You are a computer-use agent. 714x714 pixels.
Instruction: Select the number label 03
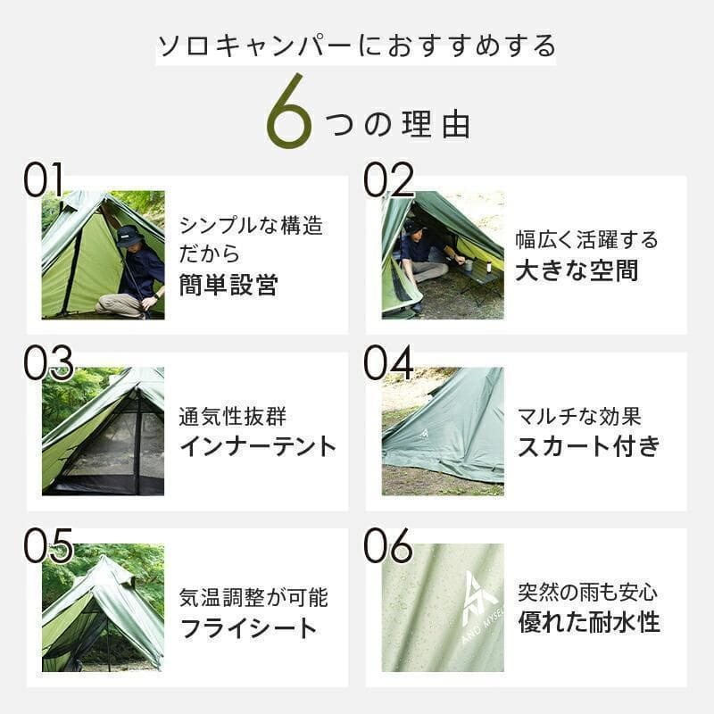tap(48, 363)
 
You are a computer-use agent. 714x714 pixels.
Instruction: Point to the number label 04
tap(388, 363)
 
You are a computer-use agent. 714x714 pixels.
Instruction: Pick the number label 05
tap(48, 545)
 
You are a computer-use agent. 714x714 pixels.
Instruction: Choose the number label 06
tap(388, 545)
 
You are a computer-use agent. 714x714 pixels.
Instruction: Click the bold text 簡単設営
tap(228, 286)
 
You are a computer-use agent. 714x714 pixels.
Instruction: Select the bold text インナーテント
tap(258, 446)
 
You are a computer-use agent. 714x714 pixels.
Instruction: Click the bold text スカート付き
tap(588, 446)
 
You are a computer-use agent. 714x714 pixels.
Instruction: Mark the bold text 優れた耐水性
tap(589, 622)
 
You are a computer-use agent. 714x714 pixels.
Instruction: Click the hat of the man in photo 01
tap(130, 235)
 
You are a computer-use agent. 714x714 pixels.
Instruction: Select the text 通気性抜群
tap(235, 417)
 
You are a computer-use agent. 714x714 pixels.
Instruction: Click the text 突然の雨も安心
tap(587, 592)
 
